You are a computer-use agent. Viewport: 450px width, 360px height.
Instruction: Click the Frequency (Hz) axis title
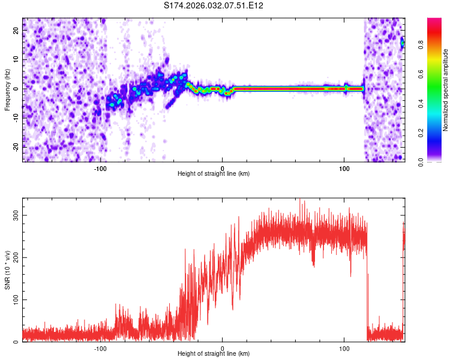point(7,90)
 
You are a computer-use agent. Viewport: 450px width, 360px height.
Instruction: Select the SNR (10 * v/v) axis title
point(7,273)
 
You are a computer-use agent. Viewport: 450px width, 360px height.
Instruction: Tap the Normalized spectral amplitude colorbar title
point(446,90)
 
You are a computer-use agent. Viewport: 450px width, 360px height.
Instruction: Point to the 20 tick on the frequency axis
point(16,31)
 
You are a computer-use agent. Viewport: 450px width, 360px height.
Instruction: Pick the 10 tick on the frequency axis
point(16,59)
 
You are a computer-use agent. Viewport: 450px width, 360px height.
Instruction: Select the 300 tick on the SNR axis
point(16,215)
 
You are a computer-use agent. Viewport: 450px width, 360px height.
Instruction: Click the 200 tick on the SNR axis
point(16,257)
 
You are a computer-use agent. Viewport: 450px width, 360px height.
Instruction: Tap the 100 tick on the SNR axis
point(16,299)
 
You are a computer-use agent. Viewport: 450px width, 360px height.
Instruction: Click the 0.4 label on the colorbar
point(421,103)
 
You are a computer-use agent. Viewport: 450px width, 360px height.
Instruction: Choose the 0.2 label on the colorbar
point(421,132)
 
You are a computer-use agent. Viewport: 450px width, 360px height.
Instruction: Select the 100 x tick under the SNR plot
point(344,347)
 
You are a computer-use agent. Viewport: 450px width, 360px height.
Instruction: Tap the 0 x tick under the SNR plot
point(223,347)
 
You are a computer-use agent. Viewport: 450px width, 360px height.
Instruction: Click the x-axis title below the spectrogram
point(214,174)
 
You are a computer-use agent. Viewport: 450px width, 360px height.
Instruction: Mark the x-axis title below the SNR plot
point(214,354)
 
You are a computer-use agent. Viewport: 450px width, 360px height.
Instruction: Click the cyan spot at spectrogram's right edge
point(403,43)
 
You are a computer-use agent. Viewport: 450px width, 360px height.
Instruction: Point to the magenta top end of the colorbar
point(435,21)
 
